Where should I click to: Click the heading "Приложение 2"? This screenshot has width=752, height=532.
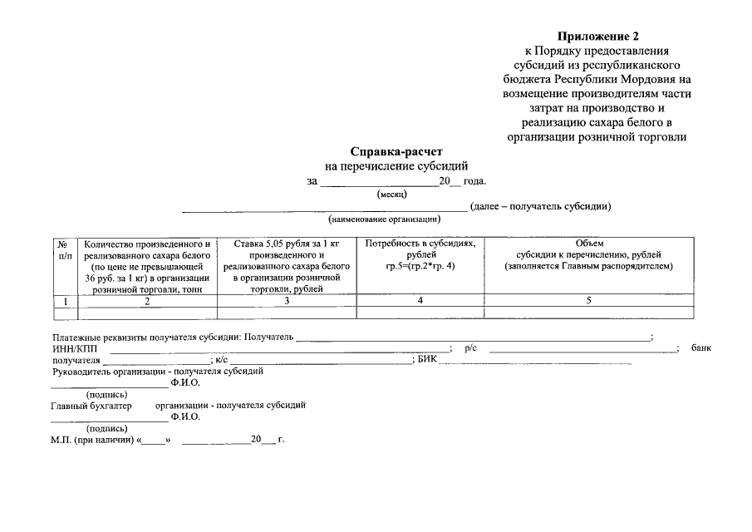coord(599,37)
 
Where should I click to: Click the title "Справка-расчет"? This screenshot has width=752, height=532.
coord(396,152)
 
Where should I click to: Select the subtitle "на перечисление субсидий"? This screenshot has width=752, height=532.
coord(396,166)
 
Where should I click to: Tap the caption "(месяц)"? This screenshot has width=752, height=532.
coord(391,194)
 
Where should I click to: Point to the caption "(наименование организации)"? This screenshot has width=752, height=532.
coord(384,219)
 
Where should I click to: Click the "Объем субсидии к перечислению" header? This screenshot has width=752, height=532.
coord(588,254)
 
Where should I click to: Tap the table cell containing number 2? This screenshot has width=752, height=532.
coord(147,301)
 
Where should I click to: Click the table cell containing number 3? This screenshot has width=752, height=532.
coord(286,301)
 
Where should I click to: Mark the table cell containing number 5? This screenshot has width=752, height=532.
coord(588,300)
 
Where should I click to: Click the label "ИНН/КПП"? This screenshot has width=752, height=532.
coord(70,349)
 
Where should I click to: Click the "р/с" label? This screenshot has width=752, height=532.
coord(471,349)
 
